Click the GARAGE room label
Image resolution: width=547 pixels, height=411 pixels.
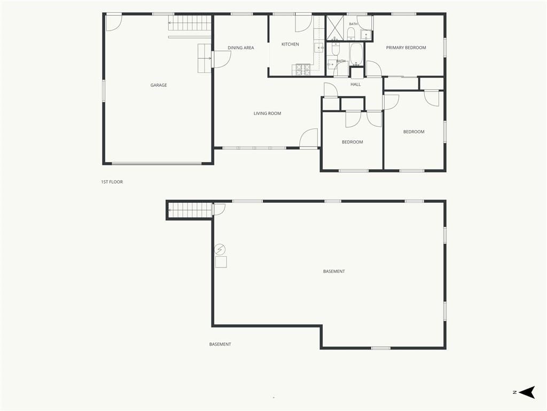pyautogui.click(x=158, y=85)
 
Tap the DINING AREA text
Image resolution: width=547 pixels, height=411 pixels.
pyautogui.click(x=241, y=48)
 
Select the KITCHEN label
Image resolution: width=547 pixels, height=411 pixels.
pyautogui.click(x=290, y=44)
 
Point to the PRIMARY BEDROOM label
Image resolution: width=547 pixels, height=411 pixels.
pyautogui.click(x=406, y=48)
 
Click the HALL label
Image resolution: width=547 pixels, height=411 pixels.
pyautogui.click(x=355, y=84)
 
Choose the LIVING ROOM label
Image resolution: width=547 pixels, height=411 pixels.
pyautogui.click(x=267, y=113)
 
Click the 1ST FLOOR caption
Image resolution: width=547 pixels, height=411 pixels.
pyautogui.click(x=112, y=182)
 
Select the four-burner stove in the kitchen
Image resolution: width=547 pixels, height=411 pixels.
pyautogui.click(x=303, y=70)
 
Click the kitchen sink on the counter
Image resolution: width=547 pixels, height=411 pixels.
pyautogui.click(x=319, y=48)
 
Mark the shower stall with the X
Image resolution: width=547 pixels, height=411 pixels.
pyautogui.click(x=334, y=28)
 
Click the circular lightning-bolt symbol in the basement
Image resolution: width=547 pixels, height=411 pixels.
pyautogui.click(x=220, y=249)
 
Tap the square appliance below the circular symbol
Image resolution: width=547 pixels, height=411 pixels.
pyautogui.click(x=221, y=262)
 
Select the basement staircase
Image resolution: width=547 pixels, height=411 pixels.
pyautogui.click(x=190, y=210)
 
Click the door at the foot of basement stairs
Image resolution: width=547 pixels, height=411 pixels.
pyautogui.click(x=219, y=209)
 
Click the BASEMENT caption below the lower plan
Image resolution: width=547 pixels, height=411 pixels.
pyautogui.click(x=220, y=344)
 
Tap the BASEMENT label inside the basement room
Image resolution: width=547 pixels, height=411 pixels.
pyautogui.click(x=334, y=271)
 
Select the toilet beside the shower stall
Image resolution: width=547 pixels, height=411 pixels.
pyautogui.click(x=351, y=34)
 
